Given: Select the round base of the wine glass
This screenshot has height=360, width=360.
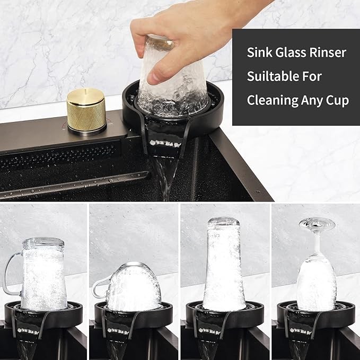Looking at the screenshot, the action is tap(317, 223).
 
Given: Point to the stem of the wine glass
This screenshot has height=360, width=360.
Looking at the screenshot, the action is tap(317, 241).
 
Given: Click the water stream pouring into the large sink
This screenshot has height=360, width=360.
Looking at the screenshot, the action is tap(166, 177).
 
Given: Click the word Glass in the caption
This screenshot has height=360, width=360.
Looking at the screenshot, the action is tap(290, 52).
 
